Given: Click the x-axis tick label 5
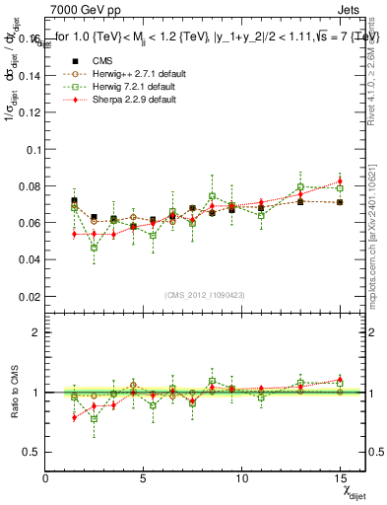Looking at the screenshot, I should [144, 478].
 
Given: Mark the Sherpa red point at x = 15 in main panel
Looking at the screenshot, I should [340, 181].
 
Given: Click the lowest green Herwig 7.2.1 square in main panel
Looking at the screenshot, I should [95, 248].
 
